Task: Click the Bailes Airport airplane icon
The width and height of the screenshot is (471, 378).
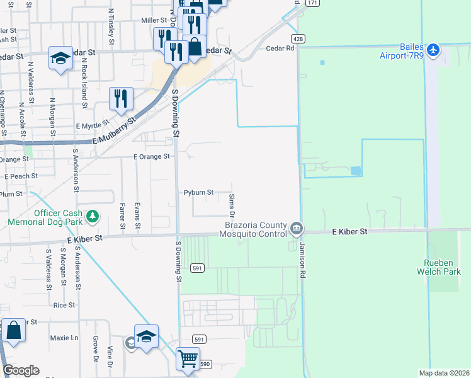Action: pos(433,50)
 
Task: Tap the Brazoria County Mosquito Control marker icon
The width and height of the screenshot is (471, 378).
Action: pos(297,227)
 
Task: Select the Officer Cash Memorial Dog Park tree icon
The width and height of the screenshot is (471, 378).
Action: pos(93,217)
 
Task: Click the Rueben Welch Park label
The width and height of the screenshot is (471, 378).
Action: pos(440,268)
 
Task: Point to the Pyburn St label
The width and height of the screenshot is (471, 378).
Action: pos(198,192)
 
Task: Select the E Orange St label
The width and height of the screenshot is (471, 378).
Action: pos(150,156)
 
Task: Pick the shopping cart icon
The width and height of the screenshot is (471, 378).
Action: pos(188,359)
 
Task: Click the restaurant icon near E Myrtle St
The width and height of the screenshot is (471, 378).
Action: pos(120,98)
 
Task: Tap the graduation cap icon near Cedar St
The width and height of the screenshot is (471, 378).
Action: pos(60,59)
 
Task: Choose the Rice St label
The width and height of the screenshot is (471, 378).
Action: pos(64,305)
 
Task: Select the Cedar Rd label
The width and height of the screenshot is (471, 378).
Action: pos(280,48)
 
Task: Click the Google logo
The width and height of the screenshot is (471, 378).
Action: pos(21,370)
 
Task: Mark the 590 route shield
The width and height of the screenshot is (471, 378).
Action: pos(205,364)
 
